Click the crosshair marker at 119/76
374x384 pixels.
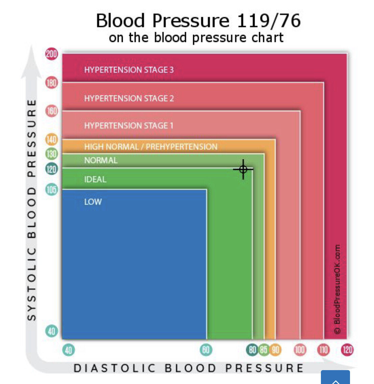pyautogui.click(x=243, y=169)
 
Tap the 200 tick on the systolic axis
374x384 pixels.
pyautogui.click(x=51, y=54)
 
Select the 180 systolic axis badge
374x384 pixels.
pyautogui.click(x=51, y=83)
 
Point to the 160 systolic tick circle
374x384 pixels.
pyautogui.click(x=51, y=111)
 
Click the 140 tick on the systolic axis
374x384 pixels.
pyautogui.click(x=51, y=139)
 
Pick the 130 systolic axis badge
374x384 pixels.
pyautogui.click(x=51, y=154)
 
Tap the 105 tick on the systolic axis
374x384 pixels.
pyautogui.click(x=51, y=189)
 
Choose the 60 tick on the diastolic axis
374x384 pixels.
pyautogui.click(x=206, y=349)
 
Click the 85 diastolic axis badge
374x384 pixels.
pyautogui.click(x=264, y=349)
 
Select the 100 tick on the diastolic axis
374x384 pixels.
pyautogui.click(x=300, y=349)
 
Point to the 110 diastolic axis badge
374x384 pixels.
pyautogui.click(x=323, y=349)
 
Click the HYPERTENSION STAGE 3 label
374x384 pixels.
pyautogui.click(x=129, y=70)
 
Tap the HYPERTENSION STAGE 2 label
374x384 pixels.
pyautogui.click(x=129, y=98)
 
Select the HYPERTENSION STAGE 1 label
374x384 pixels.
pyautogui.click(x=129, y=126)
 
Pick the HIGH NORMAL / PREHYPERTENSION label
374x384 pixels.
pyautogui.click(x=151, y=147)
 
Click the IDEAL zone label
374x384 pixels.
pyautogui.click(x=95, y=179)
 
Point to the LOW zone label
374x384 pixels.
pyautogui.click(x=93, y=202)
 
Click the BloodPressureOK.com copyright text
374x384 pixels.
pyautogui.click(x=337, y=289)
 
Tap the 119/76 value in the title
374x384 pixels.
pyautogui.click(x=268, y=21)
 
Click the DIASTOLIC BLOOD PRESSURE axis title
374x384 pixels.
pyautogui.click(x=189, y=368)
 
